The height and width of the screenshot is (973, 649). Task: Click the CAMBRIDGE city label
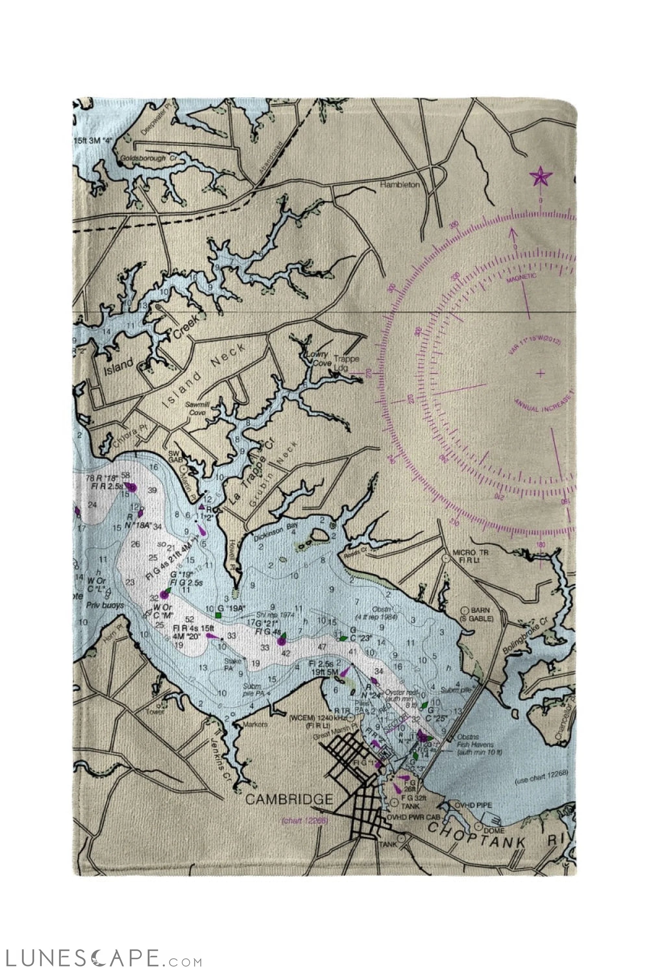coord(289,799)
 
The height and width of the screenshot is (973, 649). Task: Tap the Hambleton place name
coord(400,185)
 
